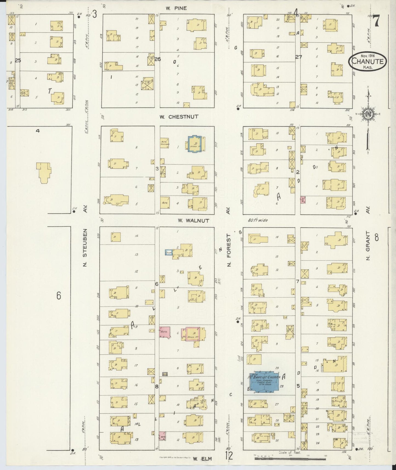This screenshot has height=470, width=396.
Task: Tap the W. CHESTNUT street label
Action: click(179, 117)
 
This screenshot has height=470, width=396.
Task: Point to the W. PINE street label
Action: click(176, 8)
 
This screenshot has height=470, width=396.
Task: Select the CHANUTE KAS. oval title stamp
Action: click(367, 62)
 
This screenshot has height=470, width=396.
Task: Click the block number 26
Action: click(158, 59)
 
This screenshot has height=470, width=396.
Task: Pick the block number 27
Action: click(298, 57)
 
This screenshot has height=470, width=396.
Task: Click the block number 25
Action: click(18, 60)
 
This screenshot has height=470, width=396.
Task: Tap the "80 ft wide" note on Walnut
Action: click(258, 220)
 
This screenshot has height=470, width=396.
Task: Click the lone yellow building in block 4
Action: click(44, 172)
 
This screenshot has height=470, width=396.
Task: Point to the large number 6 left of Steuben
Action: click(58, 296)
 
